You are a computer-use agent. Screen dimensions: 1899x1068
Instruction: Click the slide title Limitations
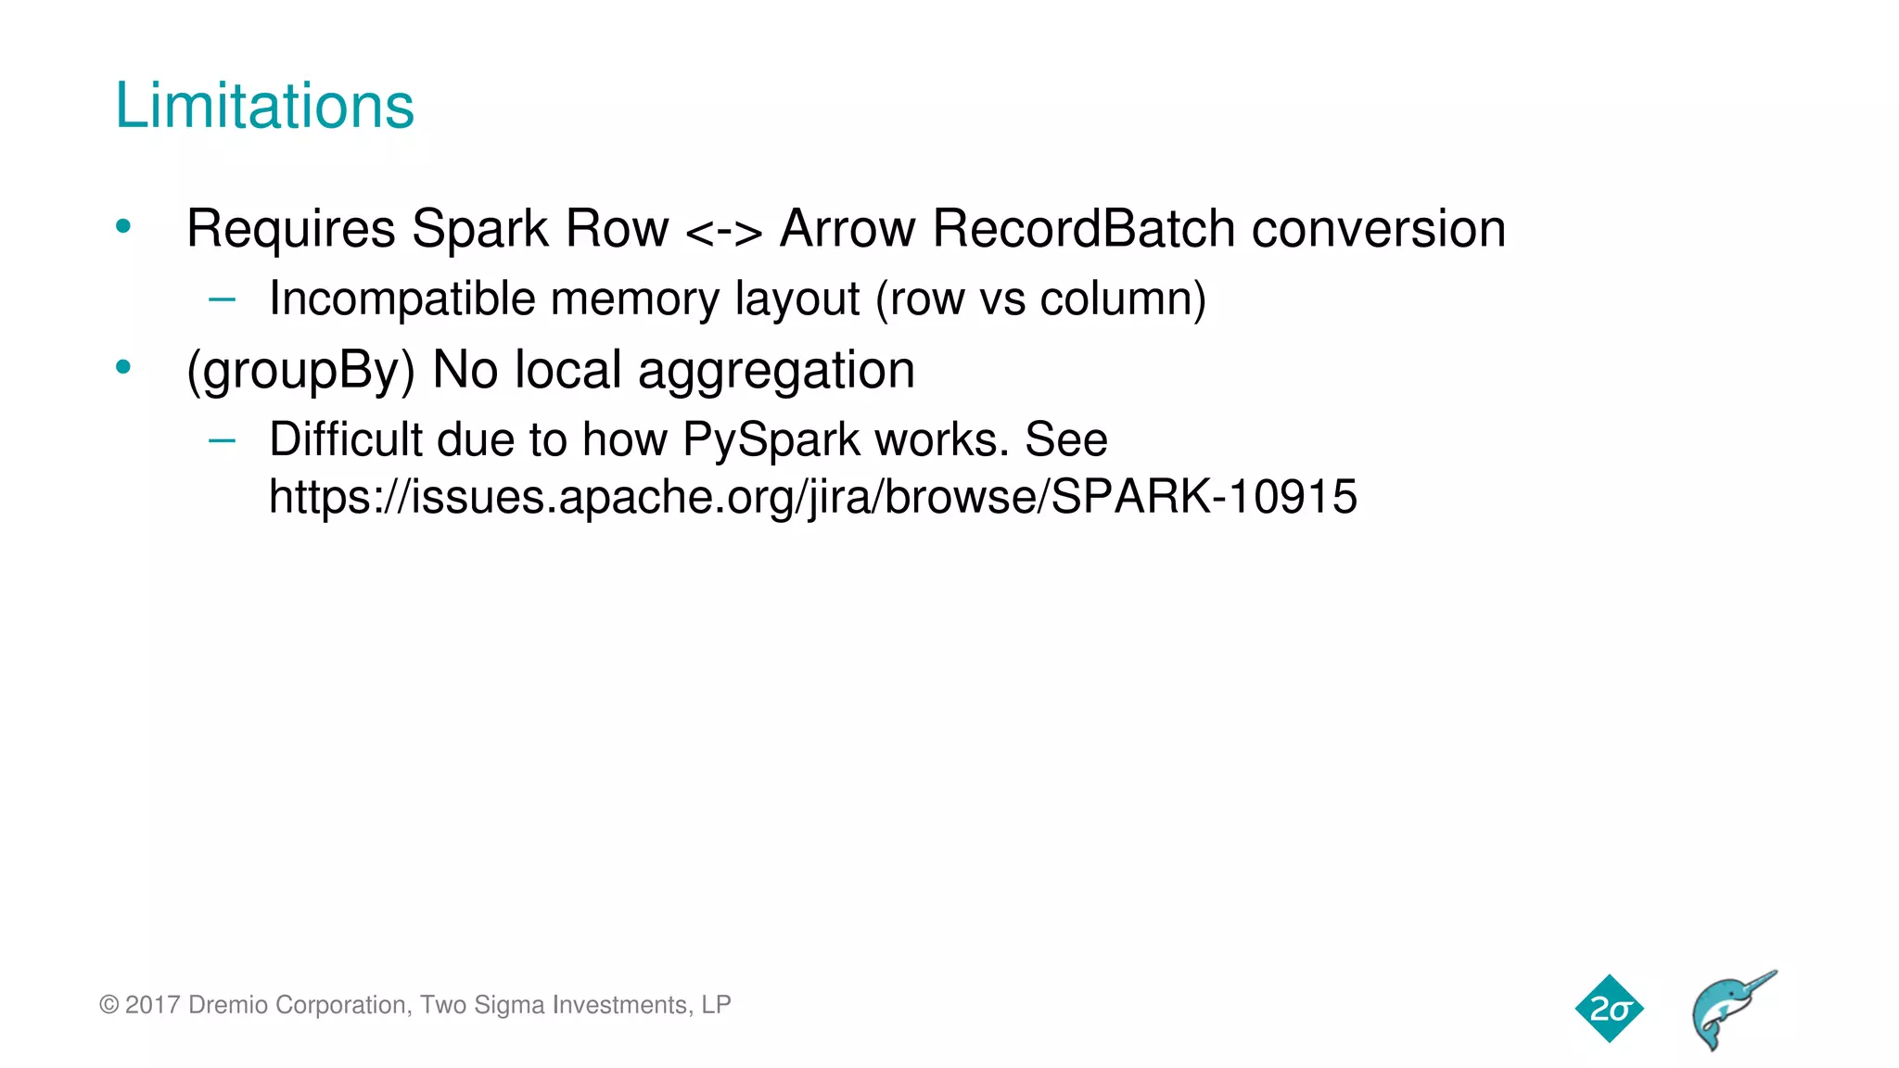tap(264, 106)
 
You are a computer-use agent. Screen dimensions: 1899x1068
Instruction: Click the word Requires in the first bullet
tap(291, 229)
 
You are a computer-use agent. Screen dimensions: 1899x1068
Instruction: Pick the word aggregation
tap(776, 370)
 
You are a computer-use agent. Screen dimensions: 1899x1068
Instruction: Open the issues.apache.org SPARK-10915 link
tap(812, 497)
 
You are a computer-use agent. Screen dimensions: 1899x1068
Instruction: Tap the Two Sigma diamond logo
tap(1609, 1009)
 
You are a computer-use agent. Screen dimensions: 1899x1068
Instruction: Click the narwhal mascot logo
tap(1731, 1010)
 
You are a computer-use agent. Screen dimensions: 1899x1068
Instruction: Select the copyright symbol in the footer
tap(108, 1006)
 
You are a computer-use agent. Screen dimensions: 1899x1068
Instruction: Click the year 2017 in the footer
tap(152, 1005)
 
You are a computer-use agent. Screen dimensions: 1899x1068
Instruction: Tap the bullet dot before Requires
tap(123, 226)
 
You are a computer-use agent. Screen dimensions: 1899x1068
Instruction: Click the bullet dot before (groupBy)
tap(123, 368)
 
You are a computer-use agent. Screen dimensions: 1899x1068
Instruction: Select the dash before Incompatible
tap(223, 299)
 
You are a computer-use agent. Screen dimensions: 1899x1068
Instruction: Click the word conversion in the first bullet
tap(1378, 229)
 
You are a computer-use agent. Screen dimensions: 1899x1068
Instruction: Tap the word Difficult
tap(345, 439)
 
